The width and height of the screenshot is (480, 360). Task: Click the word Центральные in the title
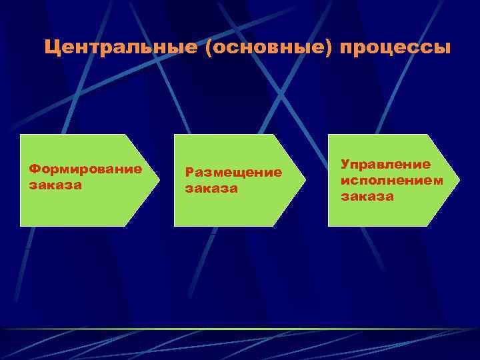coord(120,49)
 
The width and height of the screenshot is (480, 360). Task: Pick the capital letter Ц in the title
coord(53,49)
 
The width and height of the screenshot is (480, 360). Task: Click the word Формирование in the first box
coord(85,169)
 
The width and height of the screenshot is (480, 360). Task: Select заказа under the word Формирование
coord(55,185)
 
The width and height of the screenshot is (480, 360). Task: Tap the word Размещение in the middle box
coord(233,173)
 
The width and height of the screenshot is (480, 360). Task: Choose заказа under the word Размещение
coord(211,189)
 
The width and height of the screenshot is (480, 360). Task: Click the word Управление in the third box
coord(385,164)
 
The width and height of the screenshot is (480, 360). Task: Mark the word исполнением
coord(391,180)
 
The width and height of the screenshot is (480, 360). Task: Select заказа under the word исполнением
coord(367,197)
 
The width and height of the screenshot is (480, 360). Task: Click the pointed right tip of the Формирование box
coord(159,180)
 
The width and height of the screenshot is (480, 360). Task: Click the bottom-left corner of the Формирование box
coord(21,225)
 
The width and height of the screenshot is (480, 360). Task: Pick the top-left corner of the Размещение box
coord(175,135)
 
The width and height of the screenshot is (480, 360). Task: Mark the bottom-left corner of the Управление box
coord(329,225)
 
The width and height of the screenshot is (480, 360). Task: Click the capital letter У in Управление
coord(345,164)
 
